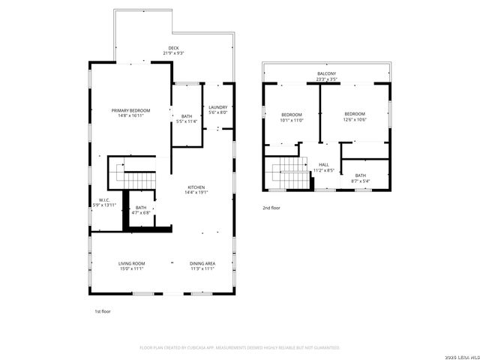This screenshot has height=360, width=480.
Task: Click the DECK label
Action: click(173, 48)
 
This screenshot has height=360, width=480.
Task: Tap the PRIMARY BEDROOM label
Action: click(130, 110)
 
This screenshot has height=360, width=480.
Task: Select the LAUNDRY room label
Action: click(218, 107)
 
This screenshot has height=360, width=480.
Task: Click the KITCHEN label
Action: click(196, 187)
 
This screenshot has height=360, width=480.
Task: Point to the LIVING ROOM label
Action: click(131, 263)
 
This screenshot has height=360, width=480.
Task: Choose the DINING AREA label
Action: click(202, 263)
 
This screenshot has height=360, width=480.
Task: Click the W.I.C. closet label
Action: click(105, 199)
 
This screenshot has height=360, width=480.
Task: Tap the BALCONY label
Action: click(326, 73)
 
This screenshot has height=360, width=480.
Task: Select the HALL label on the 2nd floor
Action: click(324, 165)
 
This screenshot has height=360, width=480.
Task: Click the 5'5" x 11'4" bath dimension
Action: click(187, 121)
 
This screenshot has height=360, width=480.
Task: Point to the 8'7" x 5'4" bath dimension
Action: click(361, 181)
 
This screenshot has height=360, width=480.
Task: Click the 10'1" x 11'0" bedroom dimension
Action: click(291, 119)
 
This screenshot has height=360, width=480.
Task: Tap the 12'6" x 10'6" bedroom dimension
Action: click(355, 119)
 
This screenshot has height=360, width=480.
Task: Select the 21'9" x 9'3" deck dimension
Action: click(173, 53)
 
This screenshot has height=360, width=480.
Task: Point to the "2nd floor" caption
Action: click(271, 208)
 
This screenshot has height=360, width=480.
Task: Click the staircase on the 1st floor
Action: click(136, 180)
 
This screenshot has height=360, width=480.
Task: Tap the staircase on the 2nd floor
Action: click(289, 175)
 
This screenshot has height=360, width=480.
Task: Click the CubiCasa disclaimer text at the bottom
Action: click(240, 347)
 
